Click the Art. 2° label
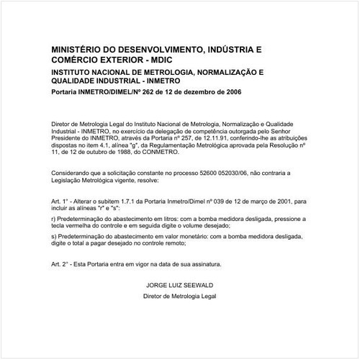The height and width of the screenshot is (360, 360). coord(62,265)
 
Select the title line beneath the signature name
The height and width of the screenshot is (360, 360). coord(180,295)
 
